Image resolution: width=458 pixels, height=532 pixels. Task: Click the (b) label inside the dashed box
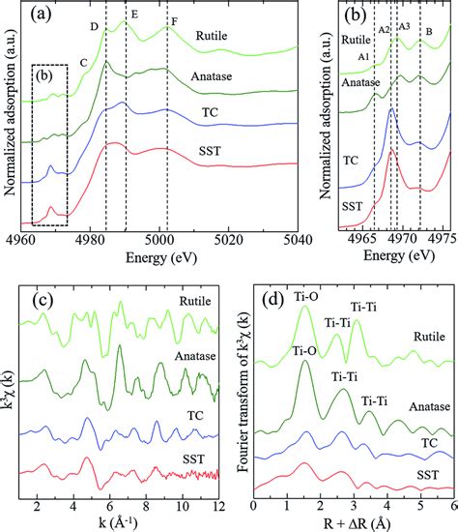(x=45, y=76)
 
